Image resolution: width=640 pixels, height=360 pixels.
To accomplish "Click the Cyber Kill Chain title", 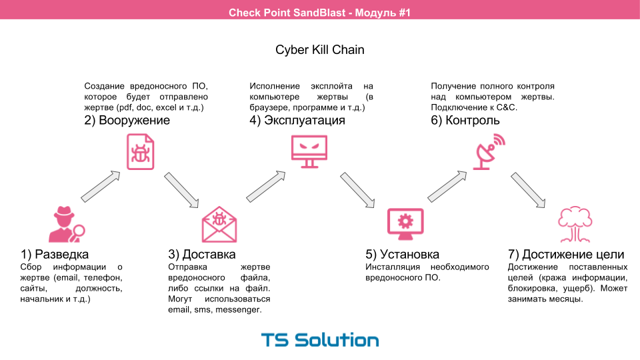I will tap(320, 50).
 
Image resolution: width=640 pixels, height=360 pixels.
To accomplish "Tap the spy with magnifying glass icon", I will tap(66, 225).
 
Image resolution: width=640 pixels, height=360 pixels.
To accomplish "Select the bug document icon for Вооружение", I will tap(140, 151).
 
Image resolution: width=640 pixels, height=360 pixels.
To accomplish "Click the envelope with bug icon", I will tap(219, 225).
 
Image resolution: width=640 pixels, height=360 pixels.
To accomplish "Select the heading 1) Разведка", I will tap(55, 255).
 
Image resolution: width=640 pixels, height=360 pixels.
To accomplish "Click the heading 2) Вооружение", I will tap(127, 121).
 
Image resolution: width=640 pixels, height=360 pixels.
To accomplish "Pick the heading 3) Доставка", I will tap(201, 255).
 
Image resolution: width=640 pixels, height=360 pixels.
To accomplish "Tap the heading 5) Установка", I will tap(402, 255).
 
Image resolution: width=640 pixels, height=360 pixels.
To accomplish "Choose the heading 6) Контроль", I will tap(465, 121).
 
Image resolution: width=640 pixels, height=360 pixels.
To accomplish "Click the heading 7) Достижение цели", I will tap(566, 255).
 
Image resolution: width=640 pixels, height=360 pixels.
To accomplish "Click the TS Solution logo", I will tap(320, 340).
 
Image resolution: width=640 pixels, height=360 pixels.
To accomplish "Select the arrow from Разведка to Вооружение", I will tap(100, 186).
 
